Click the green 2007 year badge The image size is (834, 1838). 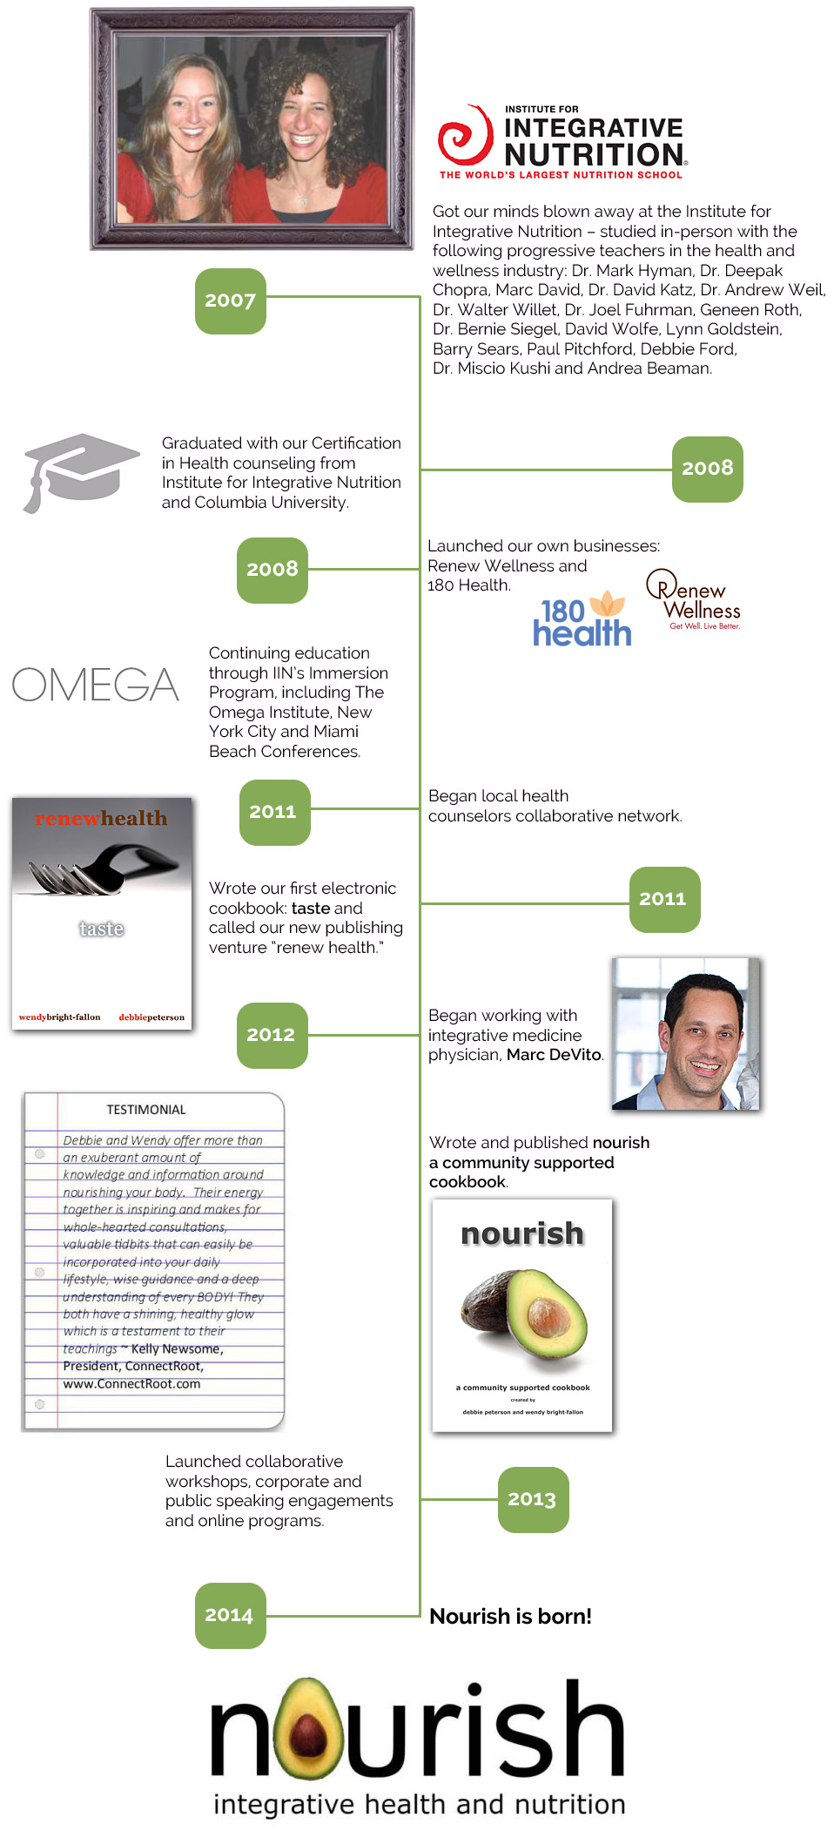(x=230, y=301)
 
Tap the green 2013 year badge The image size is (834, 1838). (x=533, y=1499)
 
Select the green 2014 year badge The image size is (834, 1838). (x=230, y=1615)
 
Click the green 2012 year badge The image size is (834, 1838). (x=272, y=1035)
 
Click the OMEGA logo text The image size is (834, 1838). (x=95, y=685)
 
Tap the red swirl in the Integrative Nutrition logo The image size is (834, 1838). (x=465, y=137)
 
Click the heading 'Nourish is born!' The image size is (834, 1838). (x=510, y=1617)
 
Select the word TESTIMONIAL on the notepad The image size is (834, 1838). (x=146, y=1110)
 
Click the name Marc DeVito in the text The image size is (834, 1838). (x=554, y=1055)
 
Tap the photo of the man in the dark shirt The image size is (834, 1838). (x=686, y=1034)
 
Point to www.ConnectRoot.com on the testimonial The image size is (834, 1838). (x=131, y=1383)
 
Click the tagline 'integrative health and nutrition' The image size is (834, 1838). (x=420, y=1804)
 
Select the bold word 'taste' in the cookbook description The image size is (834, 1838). (x=311, y=909)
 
